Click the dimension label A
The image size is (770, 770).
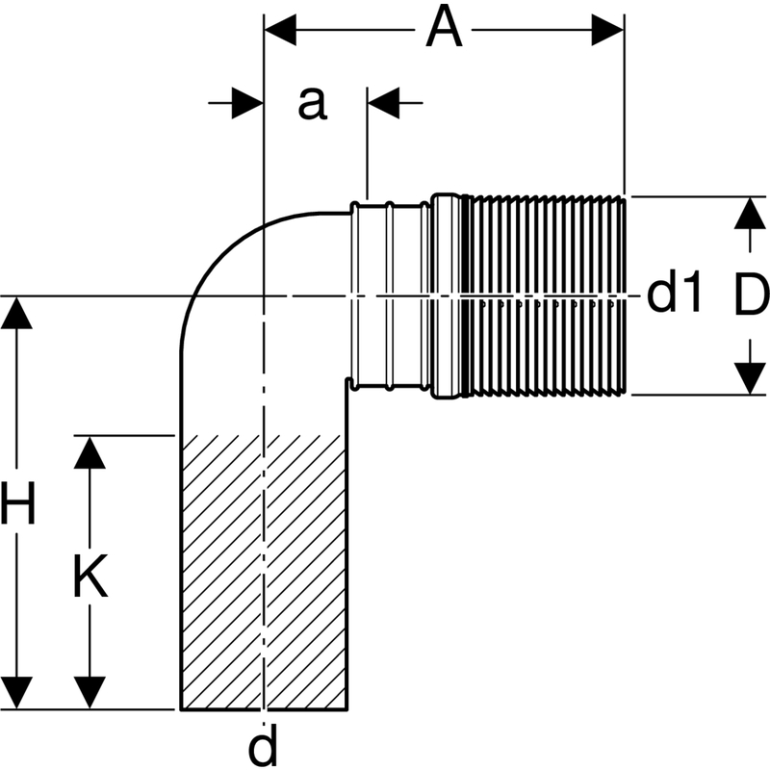point(444,29)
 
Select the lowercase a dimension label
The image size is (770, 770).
point(311,103)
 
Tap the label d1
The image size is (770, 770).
point(676,295)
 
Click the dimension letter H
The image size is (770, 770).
point(18,504)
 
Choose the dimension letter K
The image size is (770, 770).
point(90,577)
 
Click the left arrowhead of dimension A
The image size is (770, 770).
point(279,30)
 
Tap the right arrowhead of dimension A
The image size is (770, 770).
point(608,30)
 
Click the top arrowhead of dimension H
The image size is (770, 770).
point(17,313)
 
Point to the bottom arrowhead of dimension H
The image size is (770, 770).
point(17,693)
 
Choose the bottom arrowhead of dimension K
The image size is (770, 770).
point(90,693)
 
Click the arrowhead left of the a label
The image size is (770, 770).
point(247,103)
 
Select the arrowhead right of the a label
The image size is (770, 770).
point(383,103)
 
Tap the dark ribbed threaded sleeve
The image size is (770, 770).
point(544,295)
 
